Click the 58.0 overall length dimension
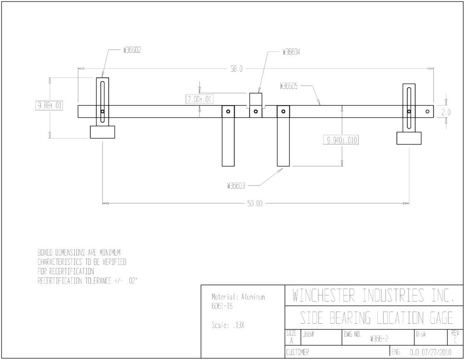coord(236,69)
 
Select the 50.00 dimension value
coord(255,203)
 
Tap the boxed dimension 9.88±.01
coord(49,105)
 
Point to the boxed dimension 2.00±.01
coord(199,99)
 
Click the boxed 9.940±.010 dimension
coord(341,140)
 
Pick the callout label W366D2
coord(132,50)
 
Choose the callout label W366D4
coord(291,52)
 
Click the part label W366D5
coord(288,86)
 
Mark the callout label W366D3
coord(236,186)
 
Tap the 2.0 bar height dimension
coord(446,112)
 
